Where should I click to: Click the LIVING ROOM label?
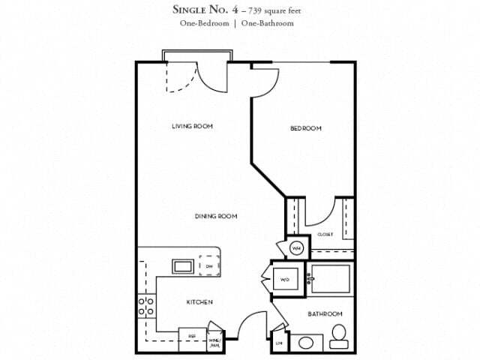point(192,127)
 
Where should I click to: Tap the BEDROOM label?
point(305,128)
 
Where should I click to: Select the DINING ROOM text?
point(216,217)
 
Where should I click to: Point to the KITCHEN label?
point(199,302)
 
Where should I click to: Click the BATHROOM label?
point(325,313)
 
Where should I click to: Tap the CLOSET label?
point(325,235)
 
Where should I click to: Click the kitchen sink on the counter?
point(182,265)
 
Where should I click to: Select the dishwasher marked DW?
point(209,265)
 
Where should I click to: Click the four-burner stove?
point(145,306)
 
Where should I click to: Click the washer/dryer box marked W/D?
point(285,280)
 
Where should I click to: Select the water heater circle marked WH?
point(295,247)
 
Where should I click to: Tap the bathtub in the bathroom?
point(331,278)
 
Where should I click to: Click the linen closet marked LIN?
point(279,343)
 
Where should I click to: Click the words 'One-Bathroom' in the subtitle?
point(268,24)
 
